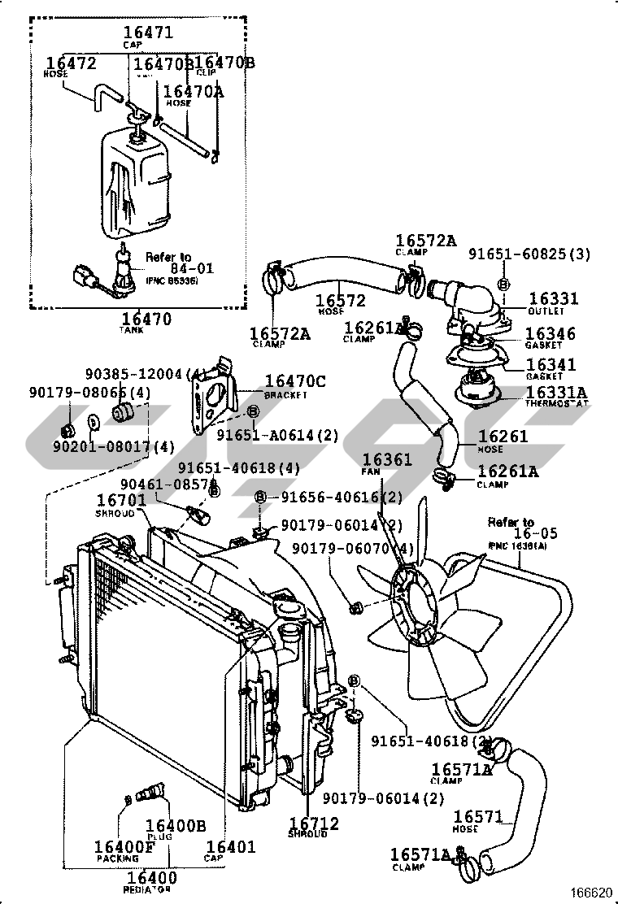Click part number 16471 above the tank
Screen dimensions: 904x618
pyautogui.click(x=147, y=33)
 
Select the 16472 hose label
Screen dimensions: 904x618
pyautogui.click(x=71, y=63)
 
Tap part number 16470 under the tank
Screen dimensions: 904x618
pyautogui.click(x=147, y=319)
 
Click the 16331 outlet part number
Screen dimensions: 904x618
pyautogui.click(x=554, y=299)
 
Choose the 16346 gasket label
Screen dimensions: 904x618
pyautogui.click(x=550, y=334)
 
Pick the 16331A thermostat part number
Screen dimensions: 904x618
pyautogui.click(x=556, y=393)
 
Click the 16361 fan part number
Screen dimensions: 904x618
pyautogui.click(x=387, y=459)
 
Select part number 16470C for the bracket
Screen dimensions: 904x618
pyautogui.click(x=295, y=381)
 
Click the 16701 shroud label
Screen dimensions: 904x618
pyautogui.click(x=121, y=501)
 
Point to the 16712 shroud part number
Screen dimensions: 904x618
pyautogui.click(x=314, y=824)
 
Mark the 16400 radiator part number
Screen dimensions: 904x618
pyautogui.click(x=152, y=877)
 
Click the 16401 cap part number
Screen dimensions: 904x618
pyautogui.click(x=230, y=847)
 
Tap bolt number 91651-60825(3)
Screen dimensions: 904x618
pyautogui.click(x=529, y=254)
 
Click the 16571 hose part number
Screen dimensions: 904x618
pyautogui.click(x=478, y=817)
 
